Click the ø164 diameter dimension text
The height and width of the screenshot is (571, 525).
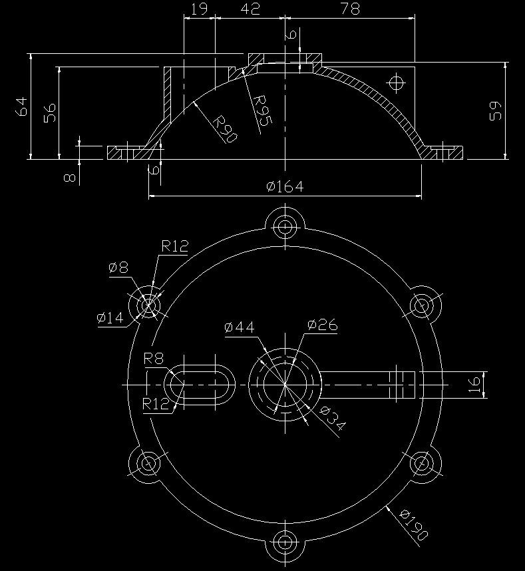(285, 187)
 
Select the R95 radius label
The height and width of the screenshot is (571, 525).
(262, 110)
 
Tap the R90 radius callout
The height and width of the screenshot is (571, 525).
(225, 129)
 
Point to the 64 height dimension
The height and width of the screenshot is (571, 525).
(22, 106)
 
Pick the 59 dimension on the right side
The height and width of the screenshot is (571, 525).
(496, 110)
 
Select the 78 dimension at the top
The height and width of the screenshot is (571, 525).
(351, 9)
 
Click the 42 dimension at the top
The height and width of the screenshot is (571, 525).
(250, 9)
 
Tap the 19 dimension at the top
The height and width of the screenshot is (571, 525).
(200, 9)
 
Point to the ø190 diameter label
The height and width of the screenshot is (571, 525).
(414, 524)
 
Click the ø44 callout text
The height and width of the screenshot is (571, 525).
(240, 327)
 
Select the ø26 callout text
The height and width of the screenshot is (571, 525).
(323, 325)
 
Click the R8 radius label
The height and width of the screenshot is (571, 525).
(154, 359)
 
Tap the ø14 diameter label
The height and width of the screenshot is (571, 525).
(110, 317)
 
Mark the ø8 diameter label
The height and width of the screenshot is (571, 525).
(118, 268)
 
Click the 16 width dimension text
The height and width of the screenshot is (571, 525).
(474, 385)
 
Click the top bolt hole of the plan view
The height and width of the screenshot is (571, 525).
(285, 226)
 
